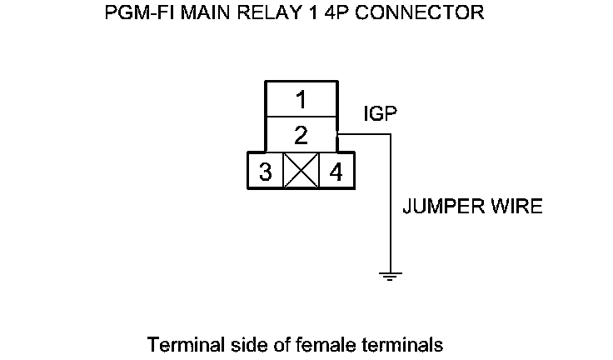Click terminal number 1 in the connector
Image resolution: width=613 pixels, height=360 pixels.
[x=301, y=100]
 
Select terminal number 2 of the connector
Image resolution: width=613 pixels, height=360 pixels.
[x=301, y=133]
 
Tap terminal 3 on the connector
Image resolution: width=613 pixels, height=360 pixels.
[x=265, y=172]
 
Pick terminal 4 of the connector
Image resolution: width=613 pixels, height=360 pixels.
[x=336, y=172]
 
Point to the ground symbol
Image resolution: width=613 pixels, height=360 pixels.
[x=389, y=274]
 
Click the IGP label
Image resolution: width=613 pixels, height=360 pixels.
[x=380, y=113]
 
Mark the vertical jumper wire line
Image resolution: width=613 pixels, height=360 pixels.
[x=389, y=208]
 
